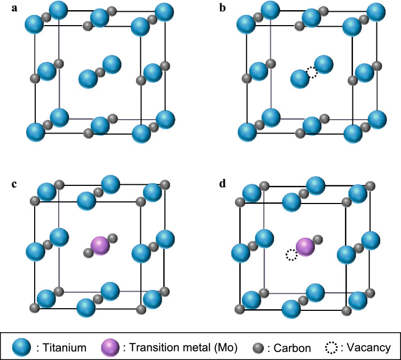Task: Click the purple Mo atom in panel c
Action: [x=100, y=245]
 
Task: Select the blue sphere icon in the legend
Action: [x=23, y=348]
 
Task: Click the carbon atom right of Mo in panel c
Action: [x=112, y=238]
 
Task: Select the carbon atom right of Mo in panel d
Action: [x=317, y=239]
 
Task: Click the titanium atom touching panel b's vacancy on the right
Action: [x=323, y=65]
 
